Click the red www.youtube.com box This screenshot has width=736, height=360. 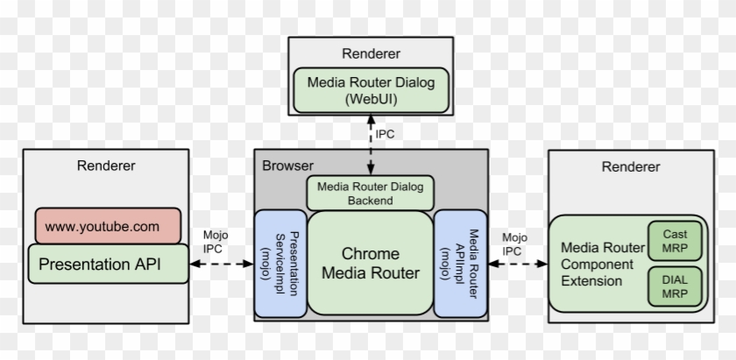(x=103, y=226)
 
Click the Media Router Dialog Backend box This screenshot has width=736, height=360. (x=370, y=193)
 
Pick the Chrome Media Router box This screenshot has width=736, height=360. (x=370, y=263)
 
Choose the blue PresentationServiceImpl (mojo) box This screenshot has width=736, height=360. (x=280, y=263)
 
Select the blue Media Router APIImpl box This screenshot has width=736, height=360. (x=461, y=263)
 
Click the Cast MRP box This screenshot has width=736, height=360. (x=675, y=240)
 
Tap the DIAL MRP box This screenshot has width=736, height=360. (x=675, y=286)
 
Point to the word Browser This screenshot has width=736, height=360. (x=287, y=165)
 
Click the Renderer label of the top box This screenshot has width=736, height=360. (x=372, y=53)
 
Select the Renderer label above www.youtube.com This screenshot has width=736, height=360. (x=106, y=166)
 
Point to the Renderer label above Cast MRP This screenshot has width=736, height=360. (x=631, y=166)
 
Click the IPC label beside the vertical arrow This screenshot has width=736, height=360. (x=386, y=136)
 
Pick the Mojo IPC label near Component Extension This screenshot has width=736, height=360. (x=514, y=243)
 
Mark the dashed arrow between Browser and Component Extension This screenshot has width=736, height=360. (x=517, y=263)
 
